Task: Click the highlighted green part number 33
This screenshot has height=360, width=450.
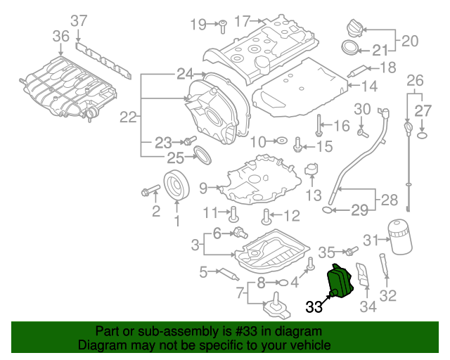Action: [340, 281]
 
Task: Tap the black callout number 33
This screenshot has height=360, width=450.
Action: [314, 307]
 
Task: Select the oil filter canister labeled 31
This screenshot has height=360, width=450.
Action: [400, 237]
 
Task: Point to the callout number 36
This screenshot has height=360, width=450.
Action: [61, 37]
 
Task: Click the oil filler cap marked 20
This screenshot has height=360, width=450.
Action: [355, 28]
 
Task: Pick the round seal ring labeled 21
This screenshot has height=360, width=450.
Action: [350, 48]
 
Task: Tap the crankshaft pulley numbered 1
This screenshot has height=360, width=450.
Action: [176, 185]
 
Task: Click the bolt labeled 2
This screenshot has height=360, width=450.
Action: [150, 190]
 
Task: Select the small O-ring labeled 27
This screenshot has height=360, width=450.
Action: [422, 135]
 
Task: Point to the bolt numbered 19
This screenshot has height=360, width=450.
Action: [222, 27]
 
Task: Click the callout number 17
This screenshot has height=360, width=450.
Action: [243, 21]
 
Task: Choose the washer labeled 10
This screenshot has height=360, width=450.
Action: [282, 141]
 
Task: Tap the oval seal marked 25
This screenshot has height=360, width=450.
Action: [202, 155]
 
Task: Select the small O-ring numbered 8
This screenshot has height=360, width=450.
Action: [283, 283]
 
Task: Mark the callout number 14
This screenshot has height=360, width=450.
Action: [369, 86]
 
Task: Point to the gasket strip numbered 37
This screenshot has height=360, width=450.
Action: [103, 60]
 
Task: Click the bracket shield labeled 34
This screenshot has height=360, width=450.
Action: [363, 274]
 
